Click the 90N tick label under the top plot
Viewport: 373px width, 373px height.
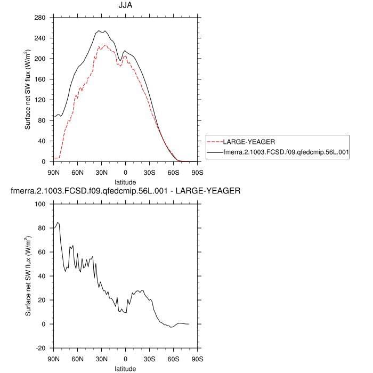coord(54,172)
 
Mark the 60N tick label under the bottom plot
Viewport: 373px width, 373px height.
coord(78,359)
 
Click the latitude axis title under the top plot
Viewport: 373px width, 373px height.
coord(125,182)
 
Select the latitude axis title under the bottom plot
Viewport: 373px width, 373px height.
coord(125,368)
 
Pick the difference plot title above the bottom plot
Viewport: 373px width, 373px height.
coord(125,191)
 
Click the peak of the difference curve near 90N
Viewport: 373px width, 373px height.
coord(58,223)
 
